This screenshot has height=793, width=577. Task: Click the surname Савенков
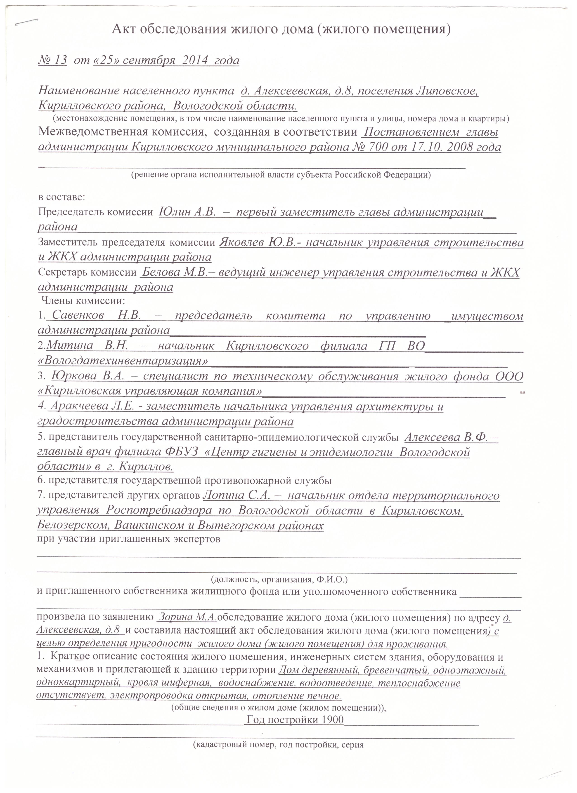coord(78,316)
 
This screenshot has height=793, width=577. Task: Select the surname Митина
coord(69,346)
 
